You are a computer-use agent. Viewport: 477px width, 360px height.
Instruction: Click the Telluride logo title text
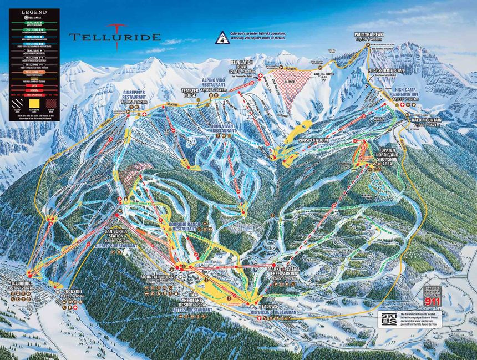pyautogui.click(x=115, y=38)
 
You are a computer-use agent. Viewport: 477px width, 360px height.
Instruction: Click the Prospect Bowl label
pyautogui.click(x=314, y=140)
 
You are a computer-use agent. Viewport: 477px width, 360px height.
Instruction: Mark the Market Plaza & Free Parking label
pyautogui.click(x=283, y=272)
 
